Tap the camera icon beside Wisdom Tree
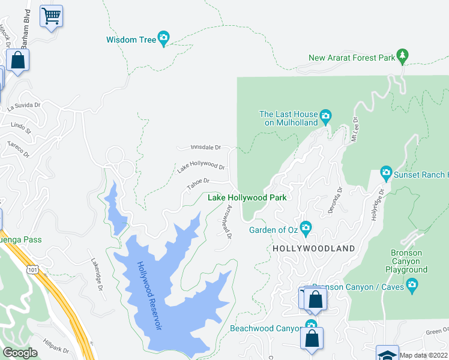(x=163, y=39)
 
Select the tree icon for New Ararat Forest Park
(x=402, y=57)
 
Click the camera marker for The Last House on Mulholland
(x=325, y=116)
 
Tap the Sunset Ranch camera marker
(x=386, y=174)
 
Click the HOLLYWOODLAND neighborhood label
(x=313, y=248)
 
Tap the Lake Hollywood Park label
(x=247, y=197)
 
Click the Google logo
(x=20, y=353)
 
